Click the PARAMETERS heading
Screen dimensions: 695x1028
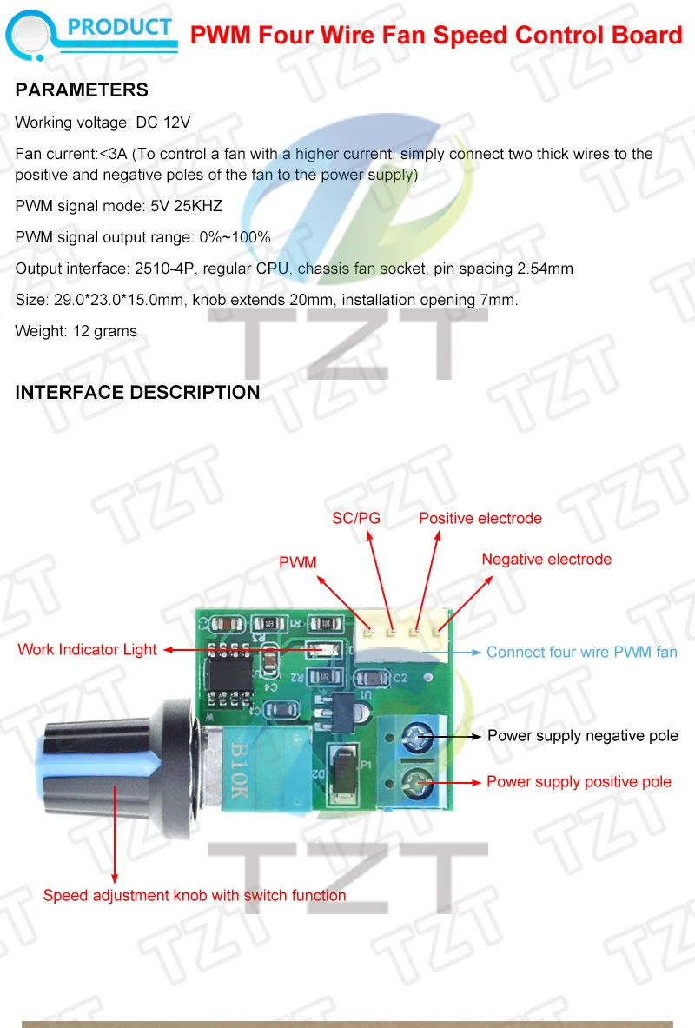click(x=82, y=90)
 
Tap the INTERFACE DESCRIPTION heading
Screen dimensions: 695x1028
click(x=137, y=393)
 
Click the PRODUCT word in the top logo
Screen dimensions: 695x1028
click(x=120, y=27)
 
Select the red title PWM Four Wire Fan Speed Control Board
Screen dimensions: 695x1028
click(x=436, y=35)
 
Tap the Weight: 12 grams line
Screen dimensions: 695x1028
click(x=76, y=331)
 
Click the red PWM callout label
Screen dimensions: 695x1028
click(x=297, y=563)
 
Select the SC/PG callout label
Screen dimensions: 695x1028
click(x=356, y=519)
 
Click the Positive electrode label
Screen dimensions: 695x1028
click(x=480, y=519)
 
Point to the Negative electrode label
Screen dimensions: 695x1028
click(x=546, y=560)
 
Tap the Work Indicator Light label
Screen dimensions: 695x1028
click(x=87, y=649)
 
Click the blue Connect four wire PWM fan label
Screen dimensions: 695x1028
click(x=581, y=652)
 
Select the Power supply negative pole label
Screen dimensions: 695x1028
click(x=582, y=736)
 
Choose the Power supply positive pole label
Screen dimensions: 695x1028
click(x=579, y=782)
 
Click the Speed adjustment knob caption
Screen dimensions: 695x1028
click(x=195, y=895)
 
